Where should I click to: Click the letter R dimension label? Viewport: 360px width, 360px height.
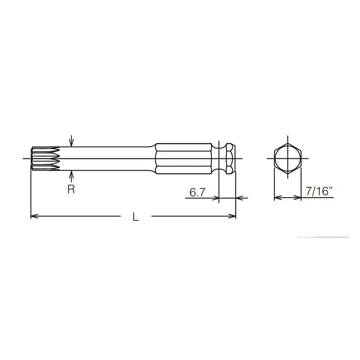click(x=71, y=189)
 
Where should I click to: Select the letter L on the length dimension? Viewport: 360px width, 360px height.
click(x=135, y=217)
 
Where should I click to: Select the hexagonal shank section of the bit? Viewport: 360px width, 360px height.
click(x=183, y=158)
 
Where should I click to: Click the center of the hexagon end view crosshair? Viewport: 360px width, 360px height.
click(x=287, y=158)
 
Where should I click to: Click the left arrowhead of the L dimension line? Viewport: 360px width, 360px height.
click(x=33, y=217)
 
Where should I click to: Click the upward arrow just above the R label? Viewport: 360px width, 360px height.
click(x=71, y=174)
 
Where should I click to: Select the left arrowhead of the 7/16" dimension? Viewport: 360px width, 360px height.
click(x=276, y=198)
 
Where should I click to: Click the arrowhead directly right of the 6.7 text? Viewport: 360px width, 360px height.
click(x=216, y=198)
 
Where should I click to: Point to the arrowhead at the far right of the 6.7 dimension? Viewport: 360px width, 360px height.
click(x=238, y=198)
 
